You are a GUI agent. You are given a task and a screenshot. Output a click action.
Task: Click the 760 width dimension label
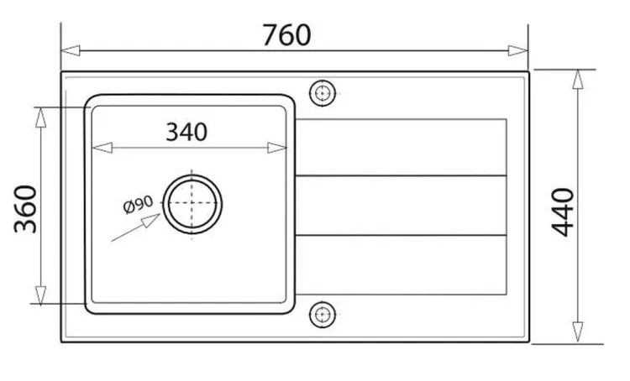tap(286, 35)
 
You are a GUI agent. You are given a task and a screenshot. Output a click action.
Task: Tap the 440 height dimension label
tap(563, 212)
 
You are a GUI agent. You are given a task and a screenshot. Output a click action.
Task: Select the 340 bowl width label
tap(186, 132)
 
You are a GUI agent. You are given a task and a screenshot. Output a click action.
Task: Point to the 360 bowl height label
tap(25, 209)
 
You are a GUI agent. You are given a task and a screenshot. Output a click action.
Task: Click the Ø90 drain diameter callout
tap(138, 205)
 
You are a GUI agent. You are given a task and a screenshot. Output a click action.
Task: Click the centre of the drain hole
tap(192, 204)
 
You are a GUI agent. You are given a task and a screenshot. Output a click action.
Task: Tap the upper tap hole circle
tap(323, 93)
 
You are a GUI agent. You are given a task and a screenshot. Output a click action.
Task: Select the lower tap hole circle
tap(323, 315)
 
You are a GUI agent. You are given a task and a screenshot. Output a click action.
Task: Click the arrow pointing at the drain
tap(135, 227)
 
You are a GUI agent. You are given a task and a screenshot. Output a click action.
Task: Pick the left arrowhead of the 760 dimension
tap(70, 51)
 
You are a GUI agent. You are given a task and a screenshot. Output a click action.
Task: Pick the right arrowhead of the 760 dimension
tap(518, 51)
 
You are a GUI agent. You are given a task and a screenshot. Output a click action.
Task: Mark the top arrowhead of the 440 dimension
tap(578, 79)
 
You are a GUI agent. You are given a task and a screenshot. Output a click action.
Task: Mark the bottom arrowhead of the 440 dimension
tap(578, 332)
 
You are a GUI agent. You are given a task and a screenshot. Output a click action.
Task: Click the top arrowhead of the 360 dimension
tap(40, 117)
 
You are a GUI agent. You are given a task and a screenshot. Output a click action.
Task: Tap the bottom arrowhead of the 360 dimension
tap(40, 296)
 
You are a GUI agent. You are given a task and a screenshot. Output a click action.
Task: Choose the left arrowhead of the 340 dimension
tap(102, 148)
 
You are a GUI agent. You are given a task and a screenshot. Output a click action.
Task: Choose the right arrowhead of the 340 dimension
tap(277, 148)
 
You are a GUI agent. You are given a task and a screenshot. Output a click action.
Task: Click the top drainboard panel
tap(401, 148)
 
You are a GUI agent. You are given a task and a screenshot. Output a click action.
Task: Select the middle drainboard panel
tap(401, 206)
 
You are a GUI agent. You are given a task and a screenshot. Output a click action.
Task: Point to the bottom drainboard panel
tap(401, 265)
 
